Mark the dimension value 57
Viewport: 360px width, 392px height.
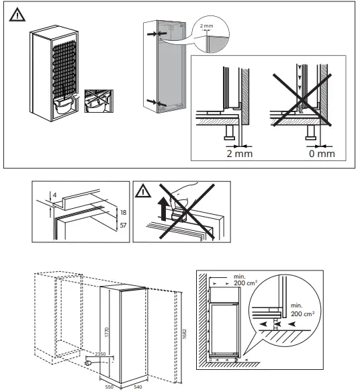(122, 226)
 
